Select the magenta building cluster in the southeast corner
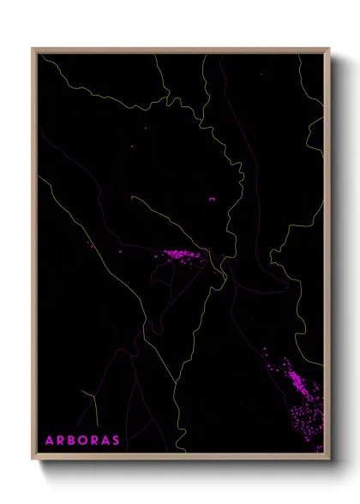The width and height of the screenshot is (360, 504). pos(296,386)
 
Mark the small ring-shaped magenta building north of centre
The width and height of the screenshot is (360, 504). pos(211,199)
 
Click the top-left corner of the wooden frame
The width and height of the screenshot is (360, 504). pos(33,49)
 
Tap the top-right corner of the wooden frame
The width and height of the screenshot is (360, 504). pos(326,49)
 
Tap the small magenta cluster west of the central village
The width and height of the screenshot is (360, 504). pos(88,245)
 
